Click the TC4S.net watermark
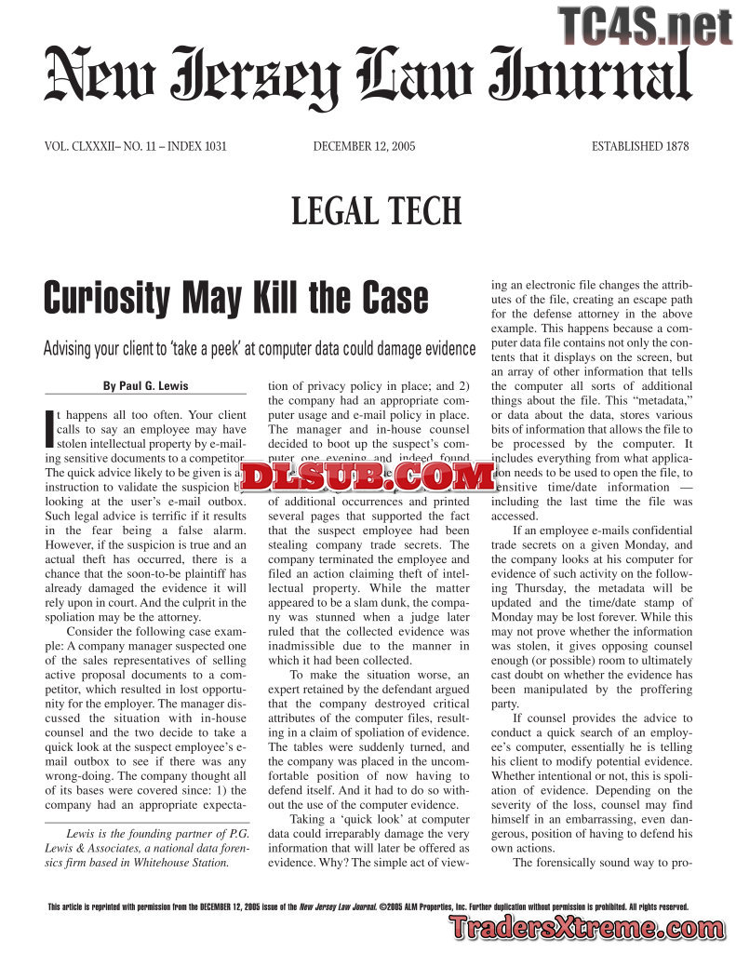(646, 25)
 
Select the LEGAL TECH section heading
(377, 211)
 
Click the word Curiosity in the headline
(110, 299)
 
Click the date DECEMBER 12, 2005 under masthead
(364, 146)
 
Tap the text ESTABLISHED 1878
(640, 146)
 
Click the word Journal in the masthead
(591, 78)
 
